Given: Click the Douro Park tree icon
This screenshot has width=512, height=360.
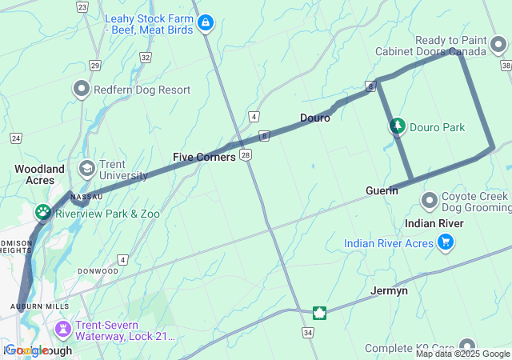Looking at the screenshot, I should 397,126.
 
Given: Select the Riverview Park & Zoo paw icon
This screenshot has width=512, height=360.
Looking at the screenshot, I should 42,213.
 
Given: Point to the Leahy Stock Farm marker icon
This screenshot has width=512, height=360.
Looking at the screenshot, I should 206,23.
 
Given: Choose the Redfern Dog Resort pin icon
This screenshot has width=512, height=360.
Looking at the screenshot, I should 82,89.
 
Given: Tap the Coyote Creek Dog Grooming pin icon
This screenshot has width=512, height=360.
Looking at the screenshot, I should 429,199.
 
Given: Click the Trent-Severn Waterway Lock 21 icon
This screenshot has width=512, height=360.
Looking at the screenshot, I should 63,329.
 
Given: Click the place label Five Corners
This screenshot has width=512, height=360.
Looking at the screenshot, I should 204,157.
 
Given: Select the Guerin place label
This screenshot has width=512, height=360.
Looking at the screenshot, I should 381,190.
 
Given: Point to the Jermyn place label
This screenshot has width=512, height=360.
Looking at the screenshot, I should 390,290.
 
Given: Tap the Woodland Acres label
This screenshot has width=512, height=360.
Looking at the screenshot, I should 39,174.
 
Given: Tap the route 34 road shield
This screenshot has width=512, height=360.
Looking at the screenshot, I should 309,331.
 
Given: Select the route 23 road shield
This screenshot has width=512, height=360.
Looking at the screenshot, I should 82,6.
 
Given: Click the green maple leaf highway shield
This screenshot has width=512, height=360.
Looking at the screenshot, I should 319,312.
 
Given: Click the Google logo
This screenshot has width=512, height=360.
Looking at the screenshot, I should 26,350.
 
